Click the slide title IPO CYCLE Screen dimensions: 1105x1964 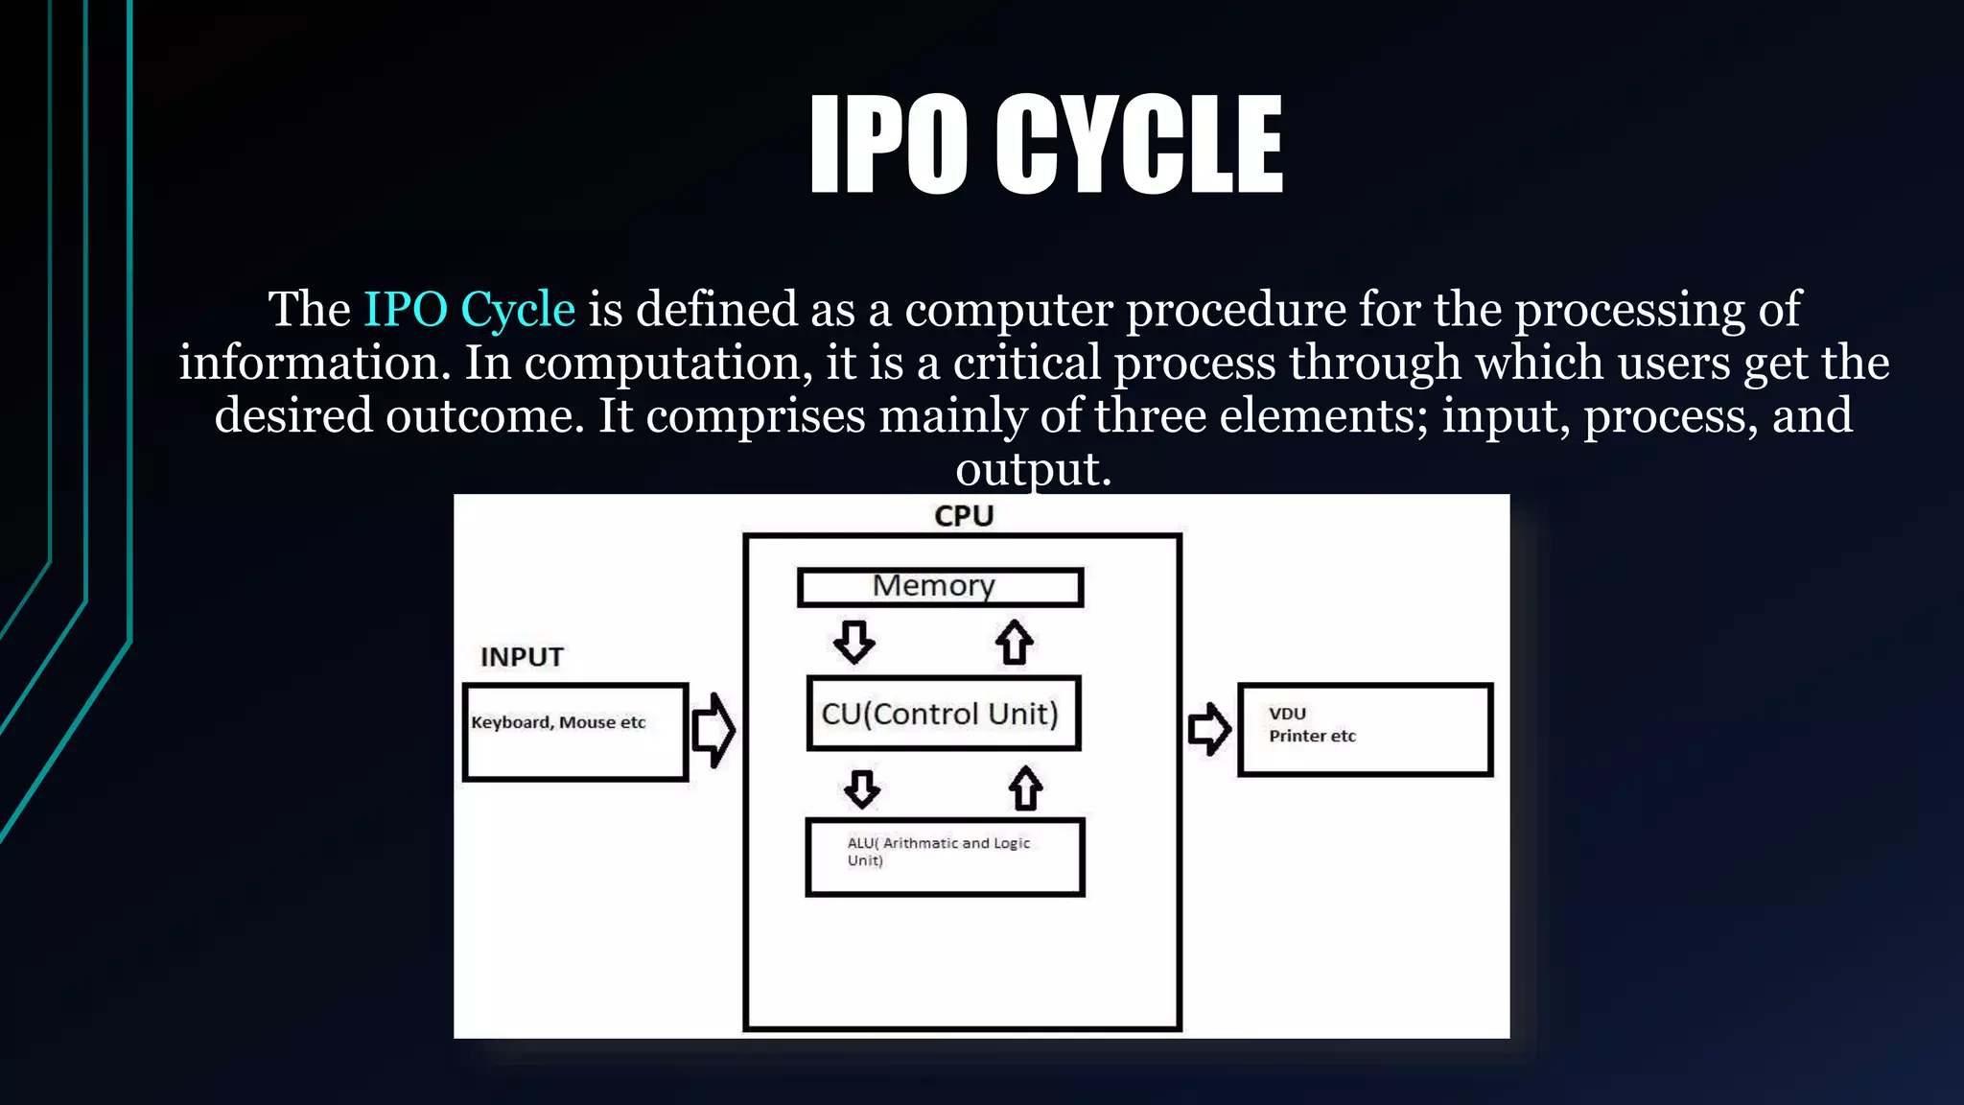tap(1045, 144)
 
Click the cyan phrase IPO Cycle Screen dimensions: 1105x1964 tap(469, 310)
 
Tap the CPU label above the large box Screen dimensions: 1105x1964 tap(964, 516)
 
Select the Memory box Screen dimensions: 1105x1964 tap(941, 587)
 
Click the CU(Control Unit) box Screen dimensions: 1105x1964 tap(944, 714)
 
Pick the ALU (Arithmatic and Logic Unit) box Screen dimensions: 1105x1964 tap(945, 857)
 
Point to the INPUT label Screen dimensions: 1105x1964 tap(522, 657)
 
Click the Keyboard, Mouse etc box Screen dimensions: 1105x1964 tap(575, 732)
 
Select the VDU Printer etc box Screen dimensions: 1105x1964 tap(1365, 729)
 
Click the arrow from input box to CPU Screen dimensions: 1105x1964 tap(713, 730)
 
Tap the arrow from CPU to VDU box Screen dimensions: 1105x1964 tap(1208, 729)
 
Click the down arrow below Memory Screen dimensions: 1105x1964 tap(853, 642)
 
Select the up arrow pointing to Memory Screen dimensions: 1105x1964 tap(1014, 642)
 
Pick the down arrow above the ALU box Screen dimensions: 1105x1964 tap(862, 788)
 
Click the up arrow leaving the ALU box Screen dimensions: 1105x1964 tap(1025, 788)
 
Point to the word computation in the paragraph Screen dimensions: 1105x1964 tap(662, 364)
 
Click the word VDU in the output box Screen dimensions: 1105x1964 tap(1287, 714)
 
